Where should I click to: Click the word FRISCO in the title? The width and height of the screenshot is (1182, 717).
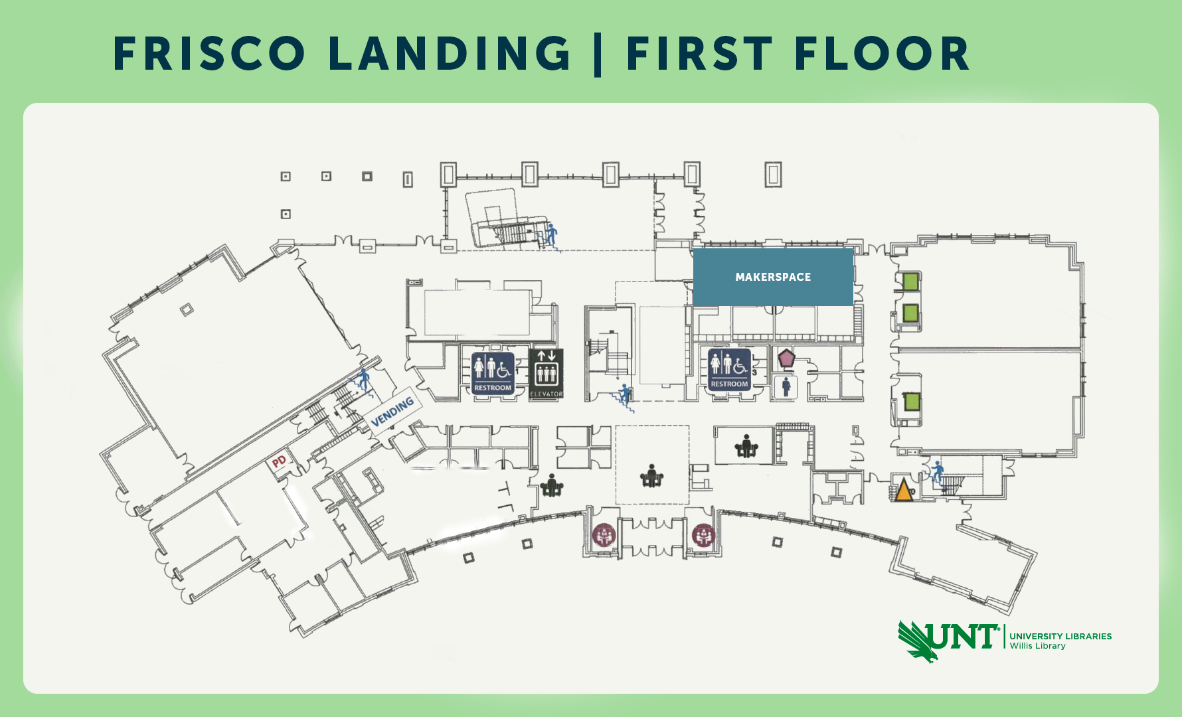209,54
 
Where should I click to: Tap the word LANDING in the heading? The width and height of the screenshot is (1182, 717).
450,54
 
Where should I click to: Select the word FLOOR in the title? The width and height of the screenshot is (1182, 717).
882,54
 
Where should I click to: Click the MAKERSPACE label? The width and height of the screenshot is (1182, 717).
773,277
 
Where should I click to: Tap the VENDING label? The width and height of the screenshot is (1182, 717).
392,412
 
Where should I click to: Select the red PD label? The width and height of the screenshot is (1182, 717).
279,461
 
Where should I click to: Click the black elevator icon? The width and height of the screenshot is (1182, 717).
546,374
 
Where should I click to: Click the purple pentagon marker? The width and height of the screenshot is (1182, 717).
786,358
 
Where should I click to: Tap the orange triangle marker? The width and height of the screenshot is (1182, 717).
903,491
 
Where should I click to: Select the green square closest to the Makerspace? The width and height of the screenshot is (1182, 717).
910,281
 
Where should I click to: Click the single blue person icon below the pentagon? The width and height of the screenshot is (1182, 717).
786,387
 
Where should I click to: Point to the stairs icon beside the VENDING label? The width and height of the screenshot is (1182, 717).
363,381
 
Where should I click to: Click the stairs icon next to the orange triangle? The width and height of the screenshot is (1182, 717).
937,472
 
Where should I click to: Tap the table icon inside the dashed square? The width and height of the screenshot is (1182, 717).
651,475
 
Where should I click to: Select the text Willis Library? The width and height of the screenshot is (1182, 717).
1037,646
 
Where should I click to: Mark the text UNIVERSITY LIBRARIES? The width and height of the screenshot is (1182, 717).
1060,636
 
